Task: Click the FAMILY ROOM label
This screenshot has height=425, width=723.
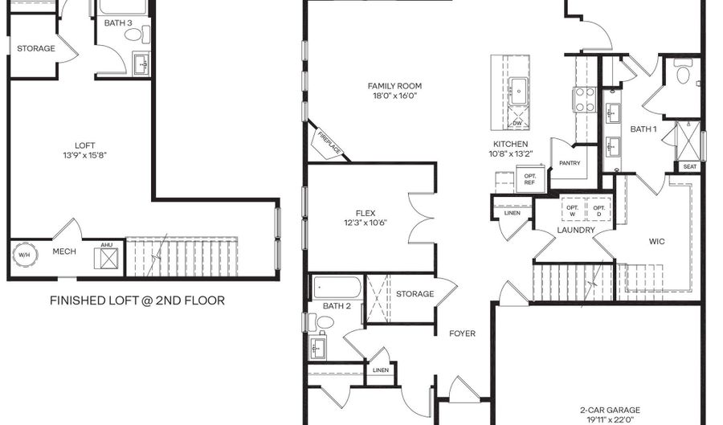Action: click(x=394, y=86)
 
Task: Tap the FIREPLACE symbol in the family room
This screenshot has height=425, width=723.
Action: click(x=329, y=143)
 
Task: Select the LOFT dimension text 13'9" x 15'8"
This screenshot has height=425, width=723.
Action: click(x=85, y=155)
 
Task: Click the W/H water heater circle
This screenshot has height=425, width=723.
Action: click(x=24, y=255)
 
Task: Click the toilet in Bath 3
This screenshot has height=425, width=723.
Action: click(x=137, y=35)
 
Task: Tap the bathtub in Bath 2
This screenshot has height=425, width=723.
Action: click(x=337, y=288)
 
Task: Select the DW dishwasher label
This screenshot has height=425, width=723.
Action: click(x=517, y=123)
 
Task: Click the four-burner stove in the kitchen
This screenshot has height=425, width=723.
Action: click(x=585, y=100)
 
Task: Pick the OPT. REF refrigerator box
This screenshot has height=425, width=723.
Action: click(x=530, y=179)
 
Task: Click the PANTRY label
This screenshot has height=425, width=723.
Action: click(x=570, y=163)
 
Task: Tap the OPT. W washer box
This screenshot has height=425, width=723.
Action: click(x=572, y=210)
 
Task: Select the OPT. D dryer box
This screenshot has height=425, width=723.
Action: click(x=598, y=210)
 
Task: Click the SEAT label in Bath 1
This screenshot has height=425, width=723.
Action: click(x=690, y=166)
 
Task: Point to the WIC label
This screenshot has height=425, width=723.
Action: click(x=656, y=241)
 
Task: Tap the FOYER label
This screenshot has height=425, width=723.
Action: click(x=462, y=333)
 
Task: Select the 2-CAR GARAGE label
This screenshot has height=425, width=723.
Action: click(x=610, y=410)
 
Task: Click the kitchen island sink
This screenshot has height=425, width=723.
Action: click(x=519, y=91)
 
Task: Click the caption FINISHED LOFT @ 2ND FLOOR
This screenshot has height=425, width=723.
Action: click(x=137, y=300)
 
